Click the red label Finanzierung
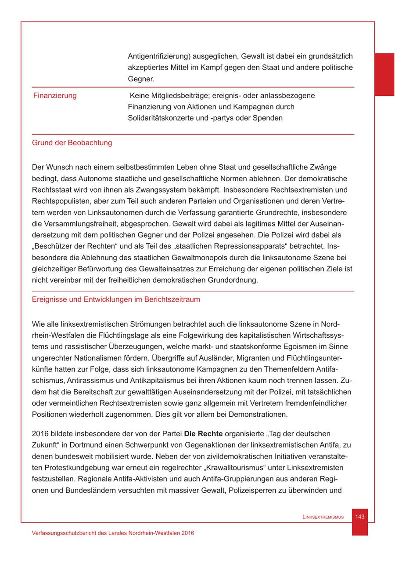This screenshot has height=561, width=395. [x=55, y=96]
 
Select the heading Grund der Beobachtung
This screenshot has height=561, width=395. [x=72, y=143]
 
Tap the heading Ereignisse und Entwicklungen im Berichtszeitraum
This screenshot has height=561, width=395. [x=116, y=300]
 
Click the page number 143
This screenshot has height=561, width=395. [x=360, y=517]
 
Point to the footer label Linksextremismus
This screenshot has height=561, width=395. [x=323, y=517]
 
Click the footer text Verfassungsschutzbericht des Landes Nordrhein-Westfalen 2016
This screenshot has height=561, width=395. [x=113, y=532]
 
